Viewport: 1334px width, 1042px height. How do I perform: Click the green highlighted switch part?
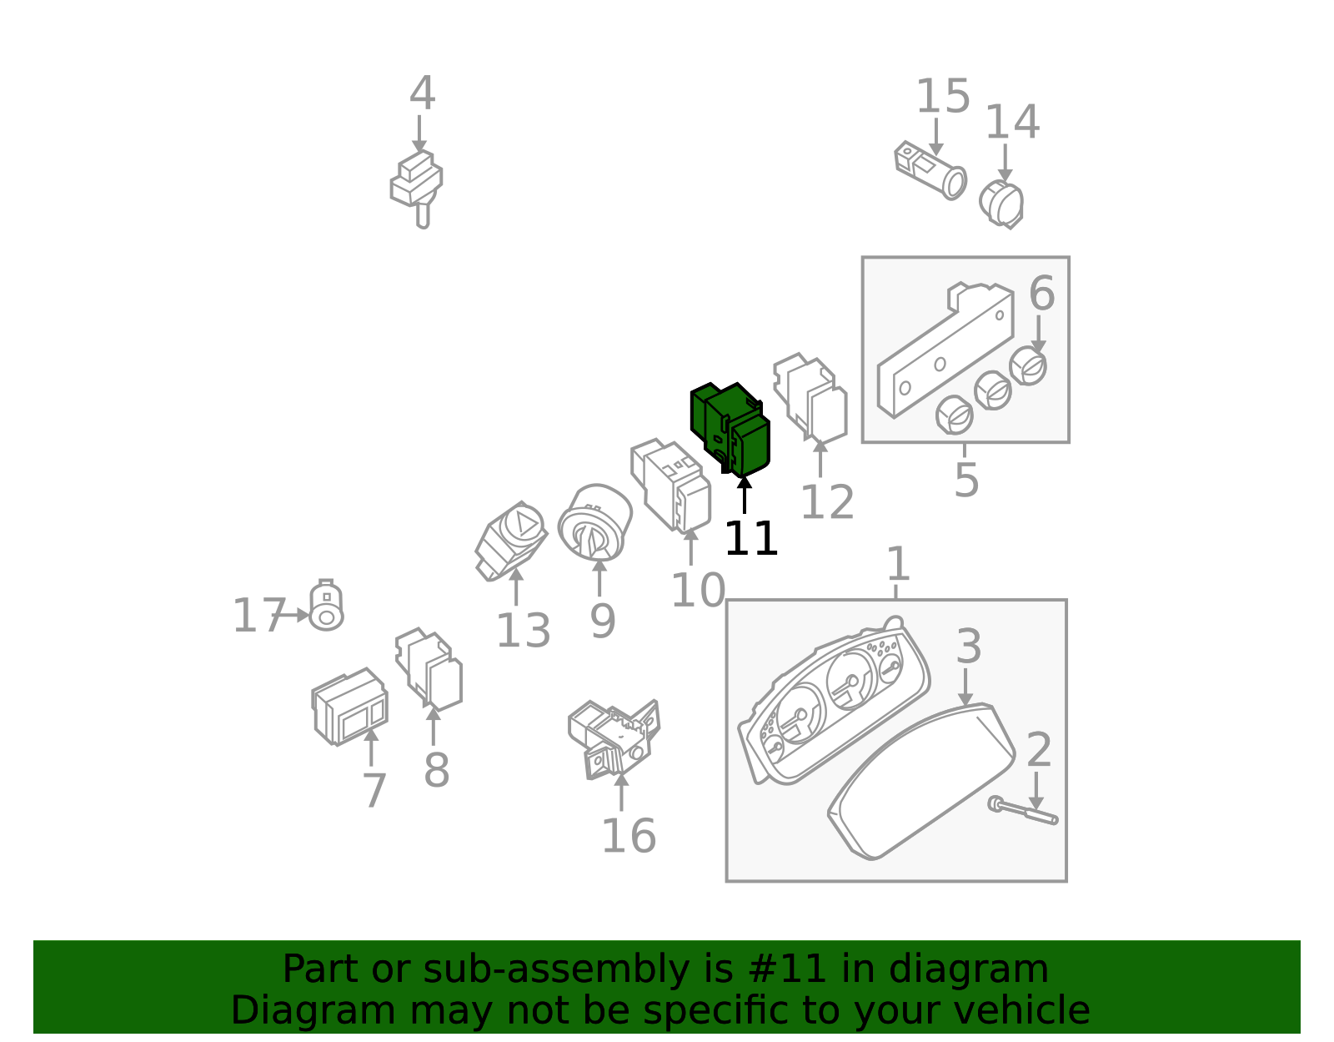(730, 430)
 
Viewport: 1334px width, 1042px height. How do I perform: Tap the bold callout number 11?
(751, 538)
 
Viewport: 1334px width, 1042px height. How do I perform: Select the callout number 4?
(423, 93)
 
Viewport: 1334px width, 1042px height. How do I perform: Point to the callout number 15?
(943, 97)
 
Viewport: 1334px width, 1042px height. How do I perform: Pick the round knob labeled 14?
(1001, 204)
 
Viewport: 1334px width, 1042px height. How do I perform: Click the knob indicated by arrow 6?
(1028, 366)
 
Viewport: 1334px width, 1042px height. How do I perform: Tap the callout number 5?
(966, 480)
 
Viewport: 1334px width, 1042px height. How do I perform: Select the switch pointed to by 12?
(810, 397)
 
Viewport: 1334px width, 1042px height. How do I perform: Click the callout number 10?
(698, 591)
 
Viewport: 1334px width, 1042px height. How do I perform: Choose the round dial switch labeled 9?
(594, 522)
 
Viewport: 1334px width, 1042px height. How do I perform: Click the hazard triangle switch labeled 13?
(511, 541)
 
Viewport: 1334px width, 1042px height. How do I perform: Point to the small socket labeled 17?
(326, 606)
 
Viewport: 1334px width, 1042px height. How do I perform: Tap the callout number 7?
(374, 791)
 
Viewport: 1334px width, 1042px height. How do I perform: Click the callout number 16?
(629, 836)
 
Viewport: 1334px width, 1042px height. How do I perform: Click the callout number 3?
(969, 647)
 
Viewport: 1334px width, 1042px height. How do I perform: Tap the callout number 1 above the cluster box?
(898, 563)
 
